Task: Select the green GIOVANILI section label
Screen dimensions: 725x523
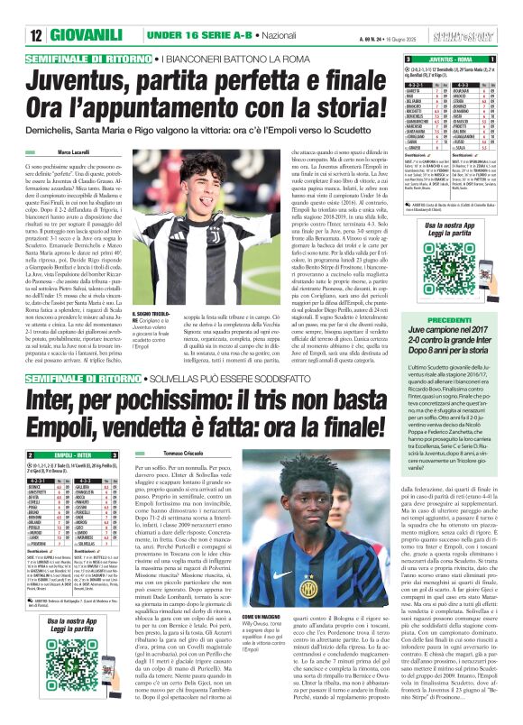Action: (57, 12)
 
